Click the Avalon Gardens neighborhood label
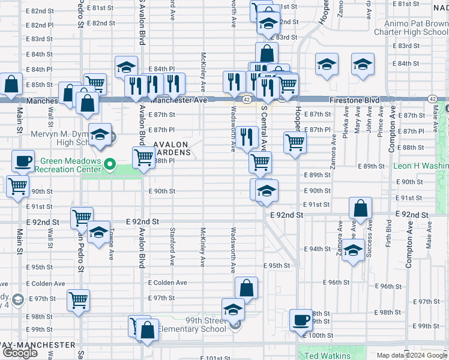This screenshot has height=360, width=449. click(172, 148)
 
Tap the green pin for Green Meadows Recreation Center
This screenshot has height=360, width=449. click(109, 163)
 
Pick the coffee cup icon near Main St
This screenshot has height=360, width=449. click(23, 161)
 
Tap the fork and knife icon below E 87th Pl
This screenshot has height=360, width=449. click(246, 137)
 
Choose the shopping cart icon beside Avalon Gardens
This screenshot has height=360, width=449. click(143, 158)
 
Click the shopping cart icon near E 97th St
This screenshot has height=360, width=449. click(79, 299)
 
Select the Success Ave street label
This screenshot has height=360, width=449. click(369, 240)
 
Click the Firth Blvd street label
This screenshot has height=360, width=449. click(389, 234)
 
